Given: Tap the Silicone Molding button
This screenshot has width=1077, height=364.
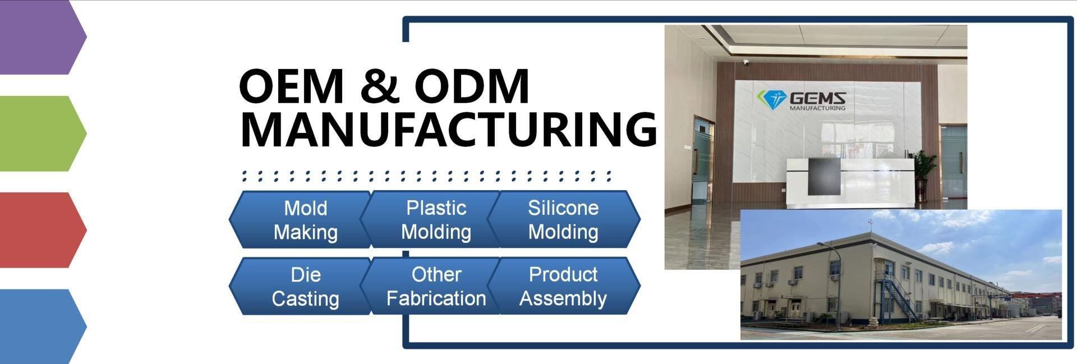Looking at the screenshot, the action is pyautogui.click(x=564, y=219).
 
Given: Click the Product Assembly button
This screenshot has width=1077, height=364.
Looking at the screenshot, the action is pyautogui.click(x=564, y=286).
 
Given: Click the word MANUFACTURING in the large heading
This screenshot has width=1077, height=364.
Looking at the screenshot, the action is pyautogui.click(x=448, y=130).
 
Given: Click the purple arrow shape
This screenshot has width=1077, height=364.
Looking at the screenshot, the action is pyautogui.click(x=43, y=37).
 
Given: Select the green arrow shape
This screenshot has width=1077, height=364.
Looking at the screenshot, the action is pyautogui.click(x=43, y=133).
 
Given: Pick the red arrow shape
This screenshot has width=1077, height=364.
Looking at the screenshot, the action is pyautogui.click(x=43, y=230).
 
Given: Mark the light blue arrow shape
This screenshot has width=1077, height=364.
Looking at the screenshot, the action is pyautogui.click(x=43, y=326).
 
